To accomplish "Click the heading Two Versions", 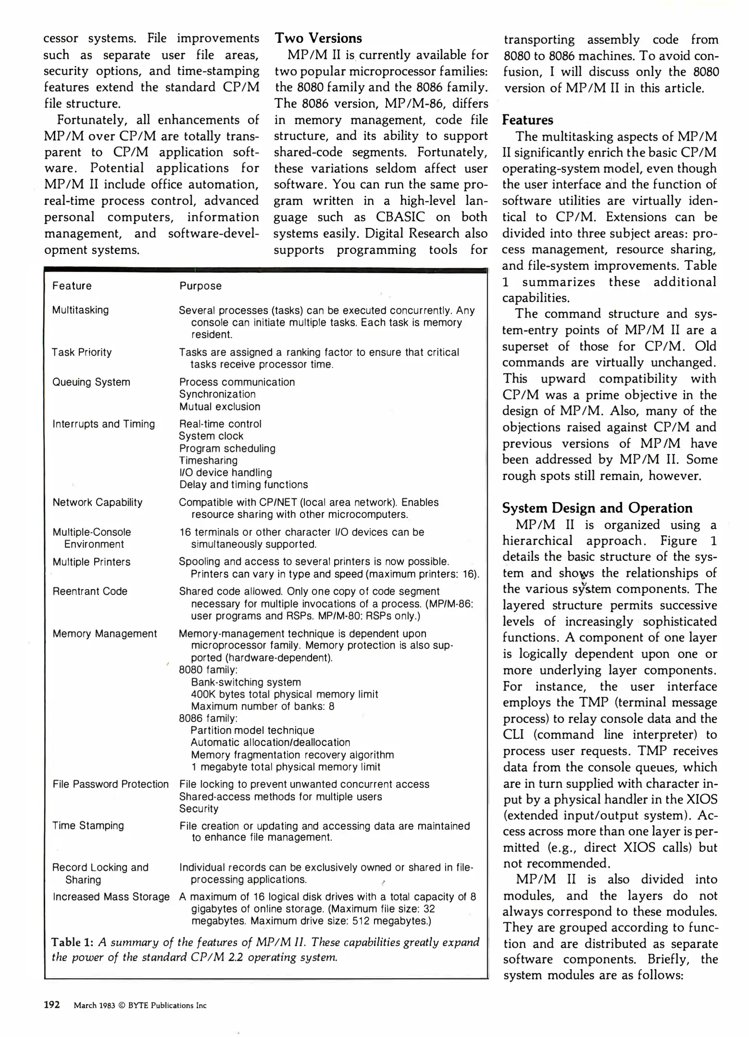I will click(318, 38).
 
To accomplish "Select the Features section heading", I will click(527, 120).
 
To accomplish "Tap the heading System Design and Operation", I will click(597, 508).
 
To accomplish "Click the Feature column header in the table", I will click(72, 286).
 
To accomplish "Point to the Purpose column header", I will click(200, 286).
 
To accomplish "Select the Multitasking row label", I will click(80, 310).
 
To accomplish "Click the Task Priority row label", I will click(82, 352).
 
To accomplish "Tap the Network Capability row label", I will click(97, 502).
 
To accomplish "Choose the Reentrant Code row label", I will click(90, 591).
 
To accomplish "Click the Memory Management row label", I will click(105, 634).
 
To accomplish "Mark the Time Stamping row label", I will click(88, 825).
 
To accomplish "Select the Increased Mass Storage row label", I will click(111, 896).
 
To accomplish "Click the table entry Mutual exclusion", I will click(219, 407).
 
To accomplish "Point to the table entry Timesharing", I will click(208, 460).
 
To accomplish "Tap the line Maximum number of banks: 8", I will click(263, 706).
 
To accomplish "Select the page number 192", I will click(51, 1004).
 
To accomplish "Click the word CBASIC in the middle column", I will click(400, 217).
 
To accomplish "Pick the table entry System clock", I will click(211, 436).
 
